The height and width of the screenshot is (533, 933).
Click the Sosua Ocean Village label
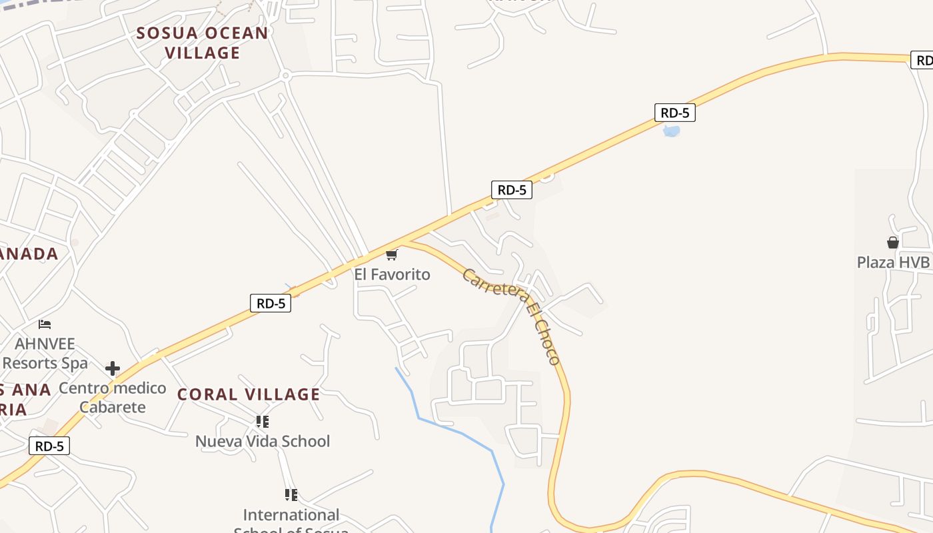202,43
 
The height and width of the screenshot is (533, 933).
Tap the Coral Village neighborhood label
249,394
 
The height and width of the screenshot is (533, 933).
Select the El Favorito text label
392,274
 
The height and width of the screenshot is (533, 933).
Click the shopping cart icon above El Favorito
392,255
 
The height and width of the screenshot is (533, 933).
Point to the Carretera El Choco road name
511,315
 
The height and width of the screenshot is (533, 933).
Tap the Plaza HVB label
893,262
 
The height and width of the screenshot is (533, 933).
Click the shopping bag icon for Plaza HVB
893,243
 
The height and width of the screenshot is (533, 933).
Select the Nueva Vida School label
263,441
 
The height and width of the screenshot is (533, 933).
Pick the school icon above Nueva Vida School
263,422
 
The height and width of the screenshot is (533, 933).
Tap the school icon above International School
291,495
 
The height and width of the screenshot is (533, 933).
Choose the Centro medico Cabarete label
113,397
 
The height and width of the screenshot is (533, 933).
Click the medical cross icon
113,368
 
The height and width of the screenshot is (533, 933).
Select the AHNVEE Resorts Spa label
45,354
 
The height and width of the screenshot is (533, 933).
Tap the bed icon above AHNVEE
45,324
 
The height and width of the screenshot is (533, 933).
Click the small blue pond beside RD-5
672,131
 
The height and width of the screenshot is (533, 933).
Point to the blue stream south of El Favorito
460,432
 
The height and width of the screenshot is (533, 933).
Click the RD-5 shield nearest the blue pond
675,113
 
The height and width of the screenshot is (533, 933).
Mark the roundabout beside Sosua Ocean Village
286,76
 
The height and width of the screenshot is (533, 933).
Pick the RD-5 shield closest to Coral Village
271,303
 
